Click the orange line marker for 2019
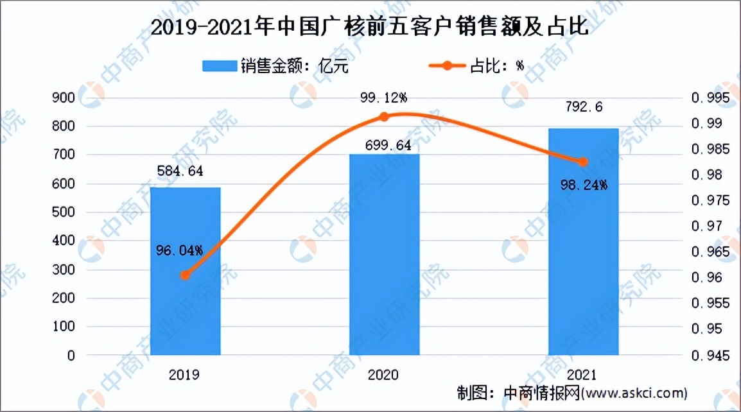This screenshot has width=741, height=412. pyautogui.click(x=185, y=275)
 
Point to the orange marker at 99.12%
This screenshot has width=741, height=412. pyautogui.click(x=384, y=117)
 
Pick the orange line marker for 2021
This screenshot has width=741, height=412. pyautogui.click(x=583, y=162)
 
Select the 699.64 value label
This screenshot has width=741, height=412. pyautogui.click(x=383, y=145)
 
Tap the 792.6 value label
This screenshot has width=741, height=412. pyautogui.click(x=583, y=107)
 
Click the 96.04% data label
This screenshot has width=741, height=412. pyautogui.click(x=180, y=250)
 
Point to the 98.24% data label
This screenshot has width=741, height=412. pyautogui.click(x=582, y=185)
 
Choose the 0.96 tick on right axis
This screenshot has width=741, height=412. pyautogui.click(x=706, y=277)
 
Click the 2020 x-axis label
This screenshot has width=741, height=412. pyautogui.click(x=384, y=374)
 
